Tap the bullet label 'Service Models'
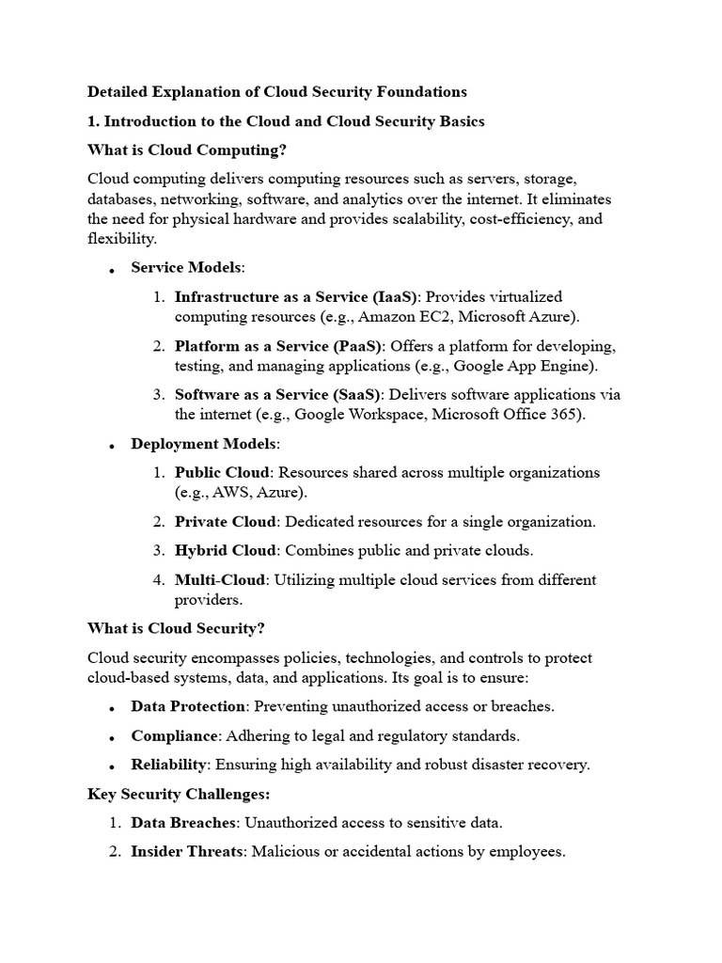[186, 268]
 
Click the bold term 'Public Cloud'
[222, 472]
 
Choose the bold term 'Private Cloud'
[226, 521]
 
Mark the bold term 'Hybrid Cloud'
[226, 550]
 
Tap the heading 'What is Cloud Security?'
[178, 628]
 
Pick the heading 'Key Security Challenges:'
[179, 794]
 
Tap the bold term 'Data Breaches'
[182, 823]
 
